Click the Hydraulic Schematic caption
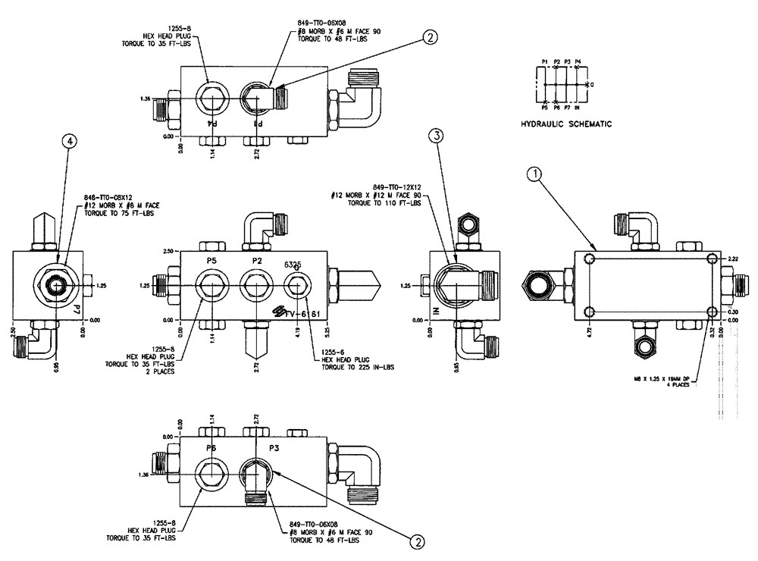[565, 124]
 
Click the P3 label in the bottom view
[276, 448]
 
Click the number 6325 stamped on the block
[293, 265]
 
